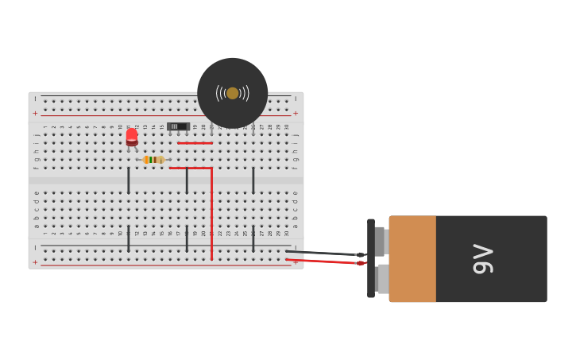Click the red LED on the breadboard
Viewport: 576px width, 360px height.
pyautogui.click(x=132, y=137)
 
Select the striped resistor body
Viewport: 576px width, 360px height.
pyautogui.click(x=153, y=160)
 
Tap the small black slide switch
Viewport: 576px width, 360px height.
pyautogui.click(x=178, y=126)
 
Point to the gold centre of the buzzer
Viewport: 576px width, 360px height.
pyautogui.click(x=232, y=93)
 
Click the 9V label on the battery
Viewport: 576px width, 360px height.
pyautogui.click(x=483, y=259)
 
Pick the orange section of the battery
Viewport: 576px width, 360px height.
pyautogui.click(x=412, y=259)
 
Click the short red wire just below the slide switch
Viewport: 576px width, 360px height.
pyautogui.click(x=195, y=143)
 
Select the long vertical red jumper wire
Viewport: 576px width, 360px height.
pyautogui.click(x=211, y=215)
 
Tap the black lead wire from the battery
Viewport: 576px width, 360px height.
pyautogui.click(x=322, y=253)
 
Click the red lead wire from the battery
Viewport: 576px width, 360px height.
pyautogui.click(x=322, y=261)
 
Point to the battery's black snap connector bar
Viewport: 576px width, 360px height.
pyautogui.click(x=371, y=258)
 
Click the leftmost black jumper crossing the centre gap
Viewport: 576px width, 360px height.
pyautogui.click(x=129, y=180)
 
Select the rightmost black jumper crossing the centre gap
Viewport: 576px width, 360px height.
pyautogui.click(x=253, y=180)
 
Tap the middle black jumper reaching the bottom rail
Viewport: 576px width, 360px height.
pyautogui.click(x=187, y=238)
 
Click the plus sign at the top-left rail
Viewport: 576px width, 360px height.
pyautogui.click(x=35, y=113)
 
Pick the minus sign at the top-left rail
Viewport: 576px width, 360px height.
pyautogui.click(x=35, y=99)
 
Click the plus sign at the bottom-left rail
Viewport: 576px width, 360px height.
pyautogui.click(x=35, y=261)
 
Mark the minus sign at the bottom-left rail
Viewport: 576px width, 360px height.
pyautogui.click(x=35, y=248)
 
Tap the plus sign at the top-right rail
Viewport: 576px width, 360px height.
pyautogui.click(x=296, y=113)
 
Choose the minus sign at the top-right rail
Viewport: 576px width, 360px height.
pyautogui.click(x=296, y=99)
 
